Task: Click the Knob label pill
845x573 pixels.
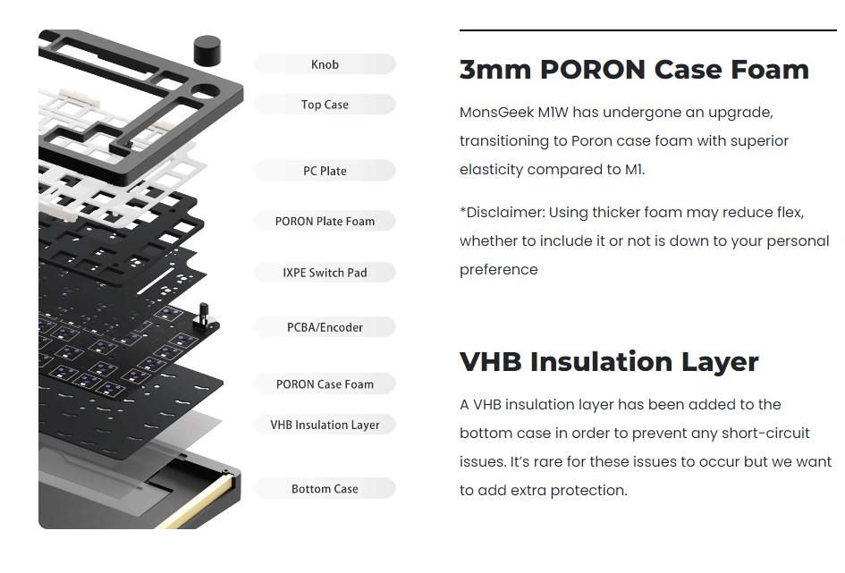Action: (325, 64)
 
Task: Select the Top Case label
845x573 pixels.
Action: (325, 105)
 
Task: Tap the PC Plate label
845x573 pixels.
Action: (325, 171)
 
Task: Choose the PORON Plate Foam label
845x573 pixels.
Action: (325, 221)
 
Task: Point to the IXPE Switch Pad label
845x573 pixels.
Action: (325, 273)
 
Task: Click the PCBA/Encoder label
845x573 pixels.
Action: (325, 327)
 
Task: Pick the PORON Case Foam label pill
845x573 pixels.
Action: (325, 384)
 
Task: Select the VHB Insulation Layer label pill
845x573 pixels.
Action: (325, 425)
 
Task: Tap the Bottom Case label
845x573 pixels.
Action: (325, 489)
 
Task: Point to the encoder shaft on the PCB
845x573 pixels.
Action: (203, 315)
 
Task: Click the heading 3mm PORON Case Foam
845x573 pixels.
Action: (634, 70)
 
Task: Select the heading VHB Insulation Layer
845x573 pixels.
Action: (609, 362)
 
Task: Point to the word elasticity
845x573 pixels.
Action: (490, 170)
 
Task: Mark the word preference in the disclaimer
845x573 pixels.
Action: (498, 270)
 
